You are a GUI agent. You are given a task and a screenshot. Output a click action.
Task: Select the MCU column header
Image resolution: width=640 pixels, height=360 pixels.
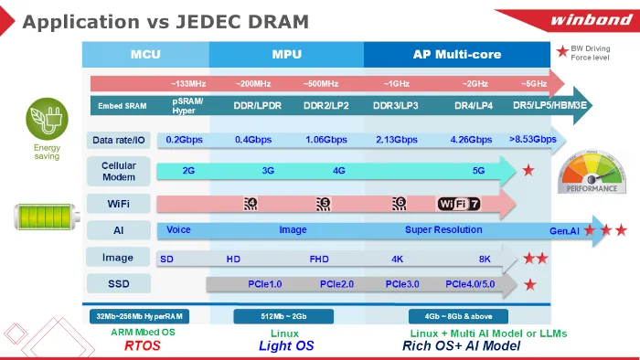pyautogui.click(x=146, y=54)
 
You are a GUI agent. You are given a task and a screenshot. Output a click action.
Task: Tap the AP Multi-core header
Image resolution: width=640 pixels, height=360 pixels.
pyautogui.click(x=456, y=54)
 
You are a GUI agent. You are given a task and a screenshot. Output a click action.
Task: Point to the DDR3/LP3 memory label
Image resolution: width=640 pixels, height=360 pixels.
pyautogui.click(x=396, y=105)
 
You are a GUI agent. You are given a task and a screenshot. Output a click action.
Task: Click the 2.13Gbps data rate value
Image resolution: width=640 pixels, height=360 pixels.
pyautogui.click(x=396, y=140)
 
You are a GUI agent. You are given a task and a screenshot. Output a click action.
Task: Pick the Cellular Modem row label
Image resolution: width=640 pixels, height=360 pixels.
pyautogui.click(x=118, y=171)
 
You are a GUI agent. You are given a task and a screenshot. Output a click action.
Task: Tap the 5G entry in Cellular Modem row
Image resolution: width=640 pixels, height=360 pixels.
pyautogui.click(x=478, y=171)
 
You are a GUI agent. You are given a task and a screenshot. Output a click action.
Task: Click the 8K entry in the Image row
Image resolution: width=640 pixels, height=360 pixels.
pyautogui.click(x=485, y=259)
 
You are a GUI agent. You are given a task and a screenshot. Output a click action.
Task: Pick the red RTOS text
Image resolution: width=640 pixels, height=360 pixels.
pyautogui.click(x=143, y=346)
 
